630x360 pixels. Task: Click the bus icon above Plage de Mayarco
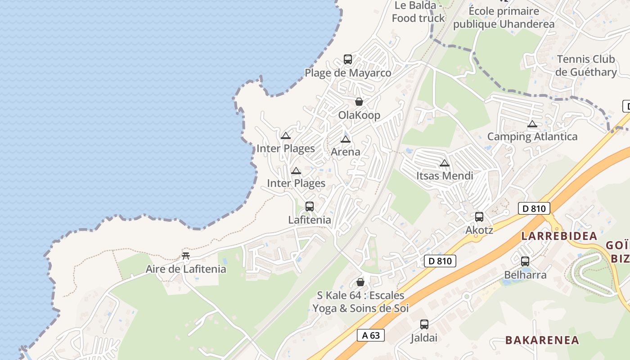click(348, 59)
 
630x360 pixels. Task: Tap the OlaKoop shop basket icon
click(359, 102)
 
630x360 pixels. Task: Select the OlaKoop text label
click(359, 115)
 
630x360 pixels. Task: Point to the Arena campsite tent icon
click(346, 139)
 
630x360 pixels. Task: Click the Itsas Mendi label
click(445, 175)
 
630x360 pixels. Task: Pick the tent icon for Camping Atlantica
click(532, 124)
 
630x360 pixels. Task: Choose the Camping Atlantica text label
click(532, 136)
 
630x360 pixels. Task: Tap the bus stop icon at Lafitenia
click(310, 207)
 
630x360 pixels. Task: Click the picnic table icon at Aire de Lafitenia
click(186, 256)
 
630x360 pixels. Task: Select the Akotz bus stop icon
click(479, 217)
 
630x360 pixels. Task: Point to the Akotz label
click(479, 230)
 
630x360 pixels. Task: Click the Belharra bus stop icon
click(525, 261)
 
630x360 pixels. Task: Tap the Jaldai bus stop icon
click(424, 324)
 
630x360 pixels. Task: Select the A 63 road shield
click(371, 335)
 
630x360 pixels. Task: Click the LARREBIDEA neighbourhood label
click(559, 236)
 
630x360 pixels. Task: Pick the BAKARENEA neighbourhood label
click(542, 340)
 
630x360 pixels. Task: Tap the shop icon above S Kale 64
click(360, 282)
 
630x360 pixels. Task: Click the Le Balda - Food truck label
click(418, 12)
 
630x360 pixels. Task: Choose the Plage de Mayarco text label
click(348, 73)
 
